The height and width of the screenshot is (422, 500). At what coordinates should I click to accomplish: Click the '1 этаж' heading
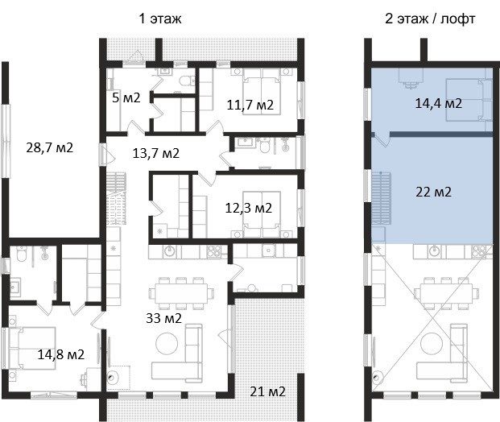coord(160,19)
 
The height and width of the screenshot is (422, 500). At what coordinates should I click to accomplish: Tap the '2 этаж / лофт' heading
coord(430,19)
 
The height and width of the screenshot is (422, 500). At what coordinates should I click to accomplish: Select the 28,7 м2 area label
coord(49,147)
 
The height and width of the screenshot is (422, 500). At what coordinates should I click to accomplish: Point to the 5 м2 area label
coord(126,97)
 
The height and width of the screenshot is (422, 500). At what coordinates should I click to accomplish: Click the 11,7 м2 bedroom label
coord(250,105)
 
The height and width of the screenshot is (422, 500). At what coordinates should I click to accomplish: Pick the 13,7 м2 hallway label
coord(156,154)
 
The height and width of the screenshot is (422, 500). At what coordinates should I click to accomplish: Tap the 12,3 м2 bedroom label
coord(249,208)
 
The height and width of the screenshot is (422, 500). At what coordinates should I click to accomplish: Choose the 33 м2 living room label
coord(163,318)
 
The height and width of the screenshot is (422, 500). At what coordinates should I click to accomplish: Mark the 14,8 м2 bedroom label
coord(61,354)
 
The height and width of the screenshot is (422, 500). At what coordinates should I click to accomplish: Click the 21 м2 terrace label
coord(267,391)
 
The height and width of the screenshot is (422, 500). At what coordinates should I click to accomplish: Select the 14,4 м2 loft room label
coord(439,103)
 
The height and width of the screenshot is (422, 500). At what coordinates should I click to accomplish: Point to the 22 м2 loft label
coord(433,192)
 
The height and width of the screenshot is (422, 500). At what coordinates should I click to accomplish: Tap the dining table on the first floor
coord(181,293)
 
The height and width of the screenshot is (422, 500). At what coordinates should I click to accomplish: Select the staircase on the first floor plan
coord(116,198)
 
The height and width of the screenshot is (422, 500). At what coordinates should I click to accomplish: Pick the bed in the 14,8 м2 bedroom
coord(32,348)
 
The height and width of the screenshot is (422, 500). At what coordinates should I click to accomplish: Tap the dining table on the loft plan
coord(446,293)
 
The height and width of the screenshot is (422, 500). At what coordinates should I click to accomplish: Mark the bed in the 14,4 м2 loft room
coord(469,100)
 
